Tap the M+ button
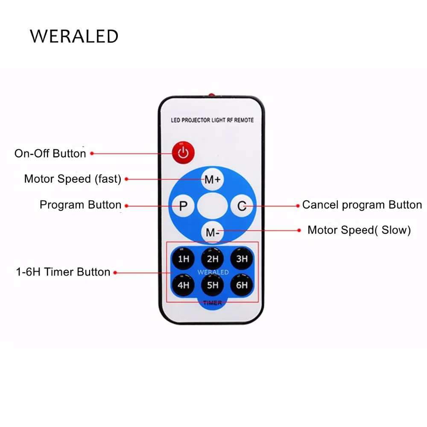coord(212,179)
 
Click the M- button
coord(212,232)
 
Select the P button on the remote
coord(183,206)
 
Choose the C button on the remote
coord(242,206)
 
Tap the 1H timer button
coord(183,258)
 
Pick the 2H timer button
coord(212,258)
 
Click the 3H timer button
coord(242,258)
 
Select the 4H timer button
coord(183,285)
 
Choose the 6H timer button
coord(242,285)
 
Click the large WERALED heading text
coord(74,36)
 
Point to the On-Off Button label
coord(50,154)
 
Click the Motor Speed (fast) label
coord(73,179)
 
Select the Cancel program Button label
coord(362,205)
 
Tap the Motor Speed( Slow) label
coord(359,230)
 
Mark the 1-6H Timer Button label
coord(63,272)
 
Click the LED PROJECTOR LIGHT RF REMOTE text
coord(212,120)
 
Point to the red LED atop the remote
coord(211,95)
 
